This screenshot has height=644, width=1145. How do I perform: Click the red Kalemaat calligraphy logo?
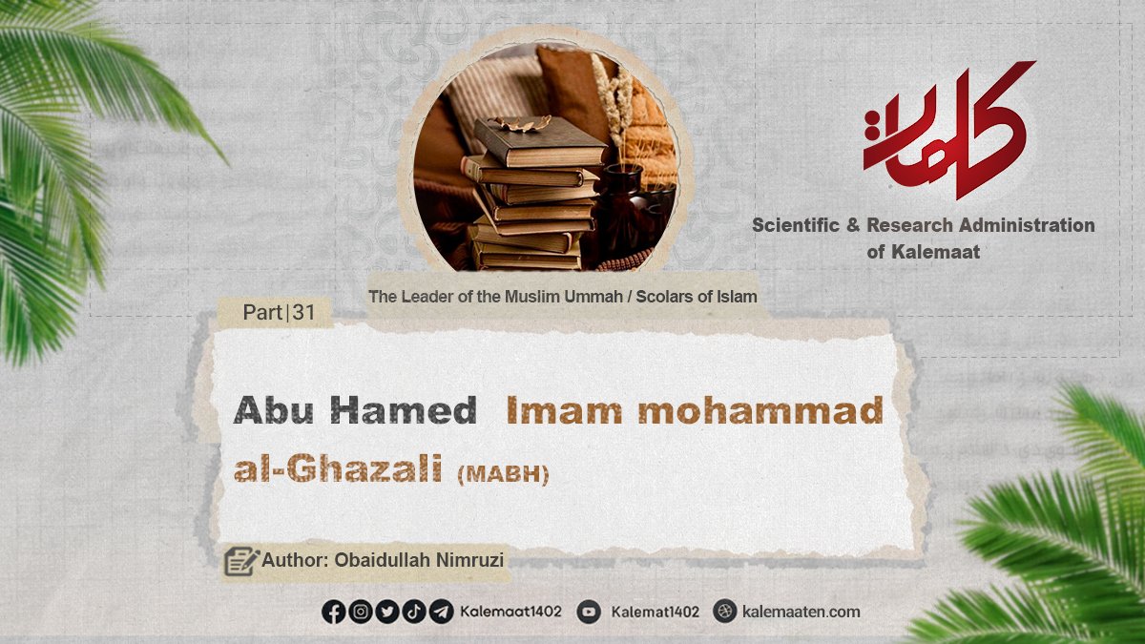click(948, 131)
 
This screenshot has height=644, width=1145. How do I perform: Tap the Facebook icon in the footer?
click(334, 612)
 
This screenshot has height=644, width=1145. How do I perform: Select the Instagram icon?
click(361, 612)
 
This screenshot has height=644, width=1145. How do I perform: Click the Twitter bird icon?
click(387, 612)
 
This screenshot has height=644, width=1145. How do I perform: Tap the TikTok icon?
click(414, 612)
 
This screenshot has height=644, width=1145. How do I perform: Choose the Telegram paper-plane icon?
click(441, 612)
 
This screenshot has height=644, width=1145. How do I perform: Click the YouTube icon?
click(589, 612)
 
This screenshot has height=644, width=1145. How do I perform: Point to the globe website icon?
click(725, 612)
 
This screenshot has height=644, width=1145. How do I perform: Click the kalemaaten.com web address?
click(801, 612)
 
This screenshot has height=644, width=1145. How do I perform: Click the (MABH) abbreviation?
click(503, 474)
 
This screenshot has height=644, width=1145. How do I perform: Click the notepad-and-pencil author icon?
click(241, 561)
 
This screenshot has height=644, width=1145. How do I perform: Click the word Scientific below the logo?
click(796, 225)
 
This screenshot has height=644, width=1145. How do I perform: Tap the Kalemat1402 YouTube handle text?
click(655, 612)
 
